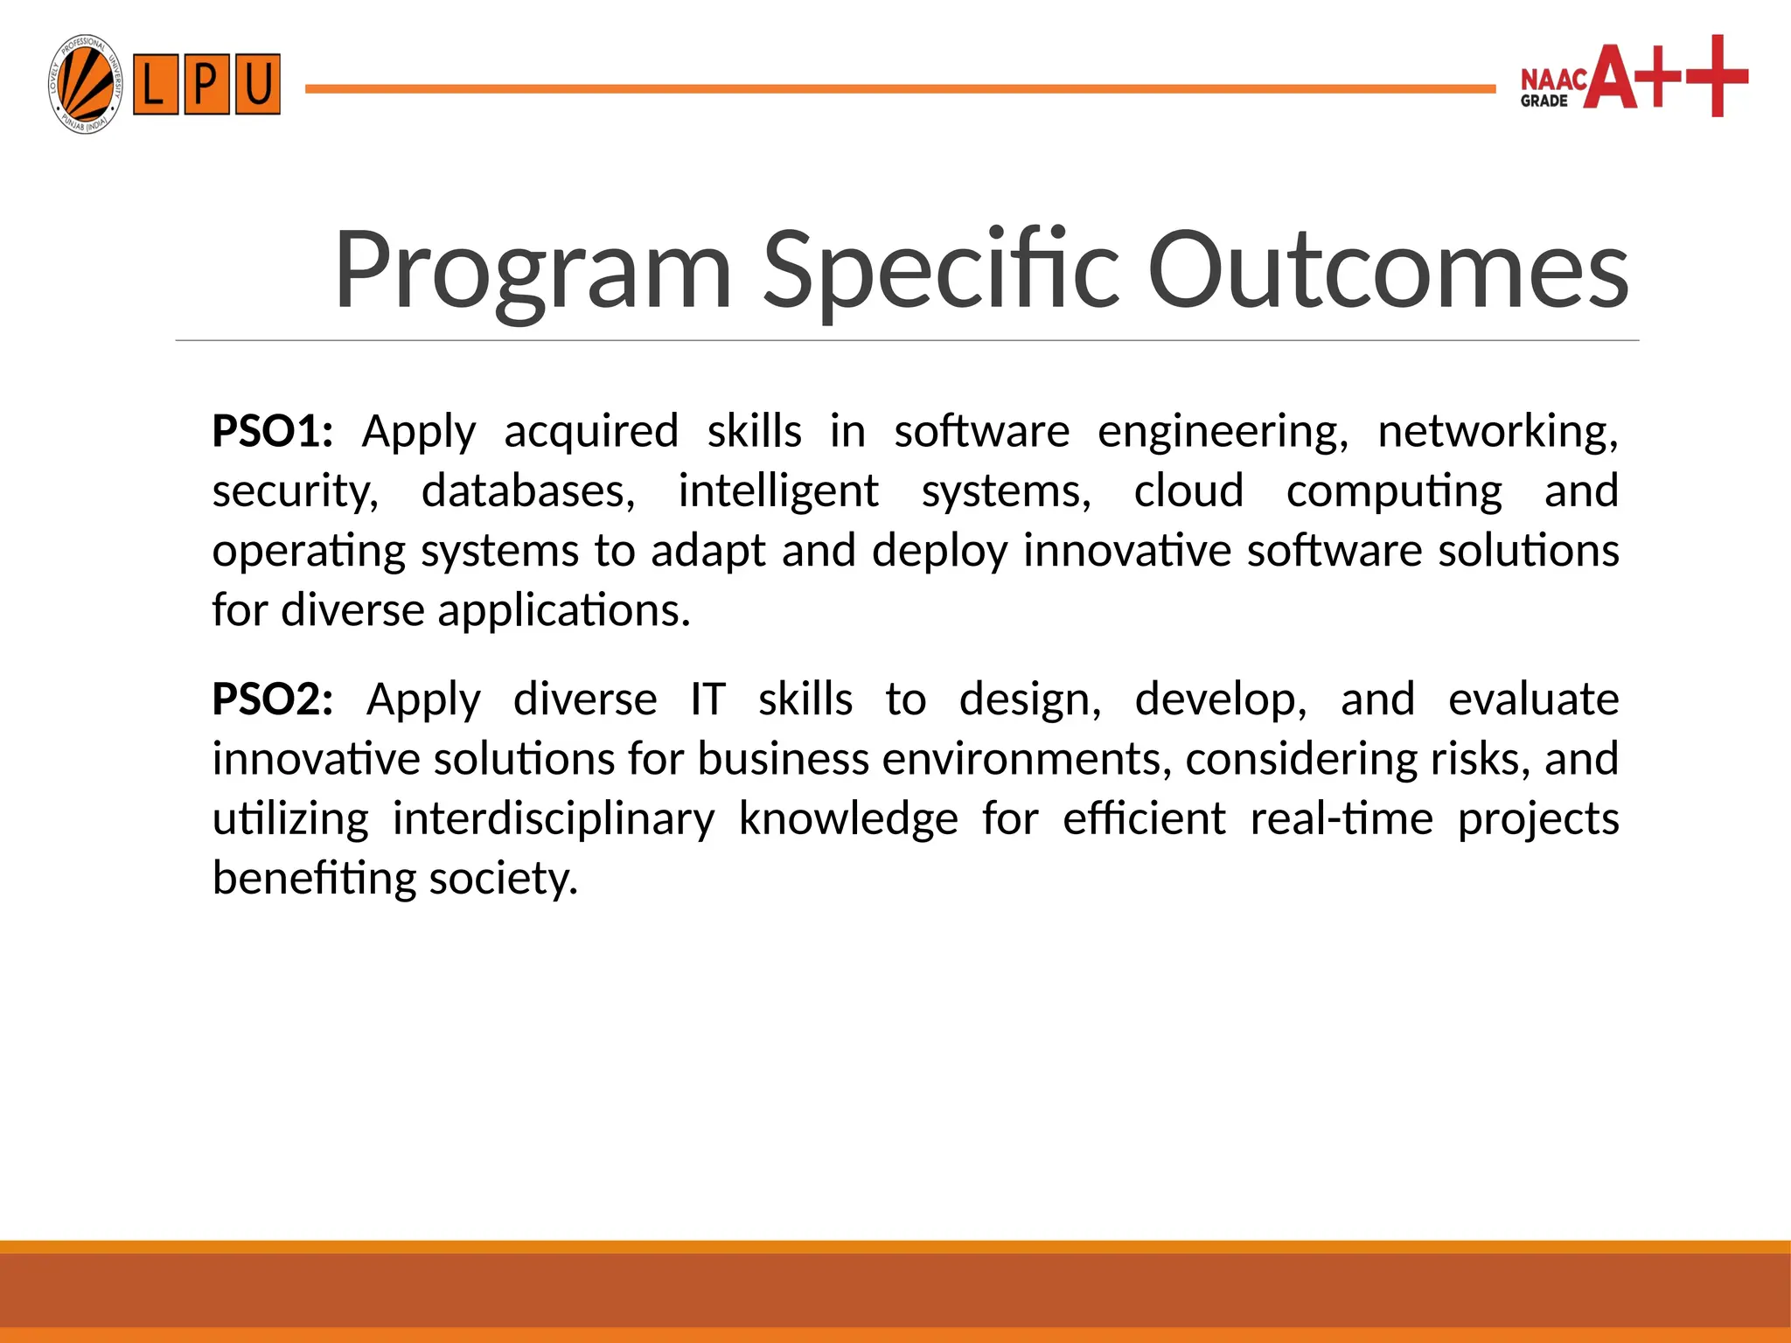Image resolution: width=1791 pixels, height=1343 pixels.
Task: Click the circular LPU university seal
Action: (85, 85)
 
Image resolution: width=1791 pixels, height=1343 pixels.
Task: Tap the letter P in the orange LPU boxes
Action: (206, 85)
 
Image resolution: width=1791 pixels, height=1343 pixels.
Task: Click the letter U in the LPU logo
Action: (257, 85)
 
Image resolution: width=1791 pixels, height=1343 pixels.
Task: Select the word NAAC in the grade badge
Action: (1553, 80)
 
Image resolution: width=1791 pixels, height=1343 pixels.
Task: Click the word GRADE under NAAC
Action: (1544, 101)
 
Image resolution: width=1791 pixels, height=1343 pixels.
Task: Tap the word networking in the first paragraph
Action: (1497, 432)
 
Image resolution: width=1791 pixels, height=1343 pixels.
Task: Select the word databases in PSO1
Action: (527, 491)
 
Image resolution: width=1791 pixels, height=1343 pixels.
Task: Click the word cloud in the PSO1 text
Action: (1188, 491)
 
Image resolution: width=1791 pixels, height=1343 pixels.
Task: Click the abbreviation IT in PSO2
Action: (707, 699)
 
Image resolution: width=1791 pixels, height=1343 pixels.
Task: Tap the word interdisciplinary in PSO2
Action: (553, 819)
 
